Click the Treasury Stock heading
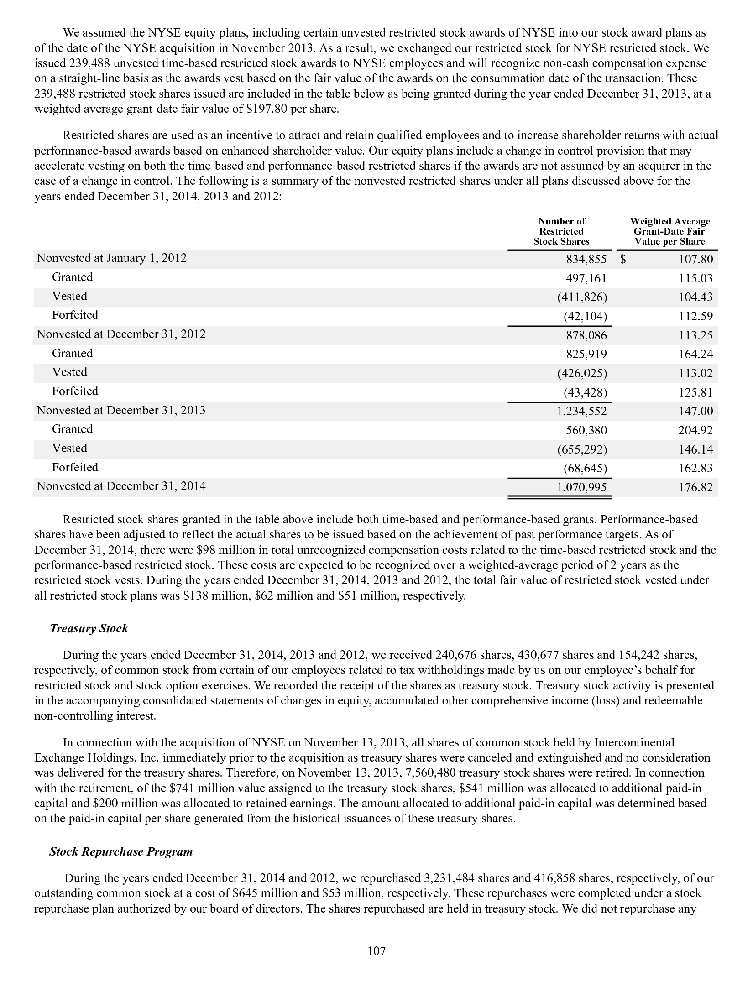click(x=89, y=629)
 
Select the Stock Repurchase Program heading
click(x=121, y=852)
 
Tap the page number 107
click(x=376, y=951)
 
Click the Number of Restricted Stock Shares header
click(x=561, y=231)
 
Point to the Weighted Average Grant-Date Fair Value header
click(x=669, y=231)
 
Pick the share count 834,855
click(x=586, y=260)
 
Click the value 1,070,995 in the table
click(x=581, y=487)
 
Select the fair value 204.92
click(x=695, y=430)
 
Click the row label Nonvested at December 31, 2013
click(x=121, y=411)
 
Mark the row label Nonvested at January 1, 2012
click(x=112, y=258)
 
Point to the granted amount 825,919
click(x=586, y=355)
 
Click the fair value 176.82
click(x=695, y=487)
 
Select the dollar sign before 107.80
click(x=623, y=260)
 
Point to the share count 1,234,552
click(x=581, y=412)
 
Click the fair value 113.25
click(x=695, y=336)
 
